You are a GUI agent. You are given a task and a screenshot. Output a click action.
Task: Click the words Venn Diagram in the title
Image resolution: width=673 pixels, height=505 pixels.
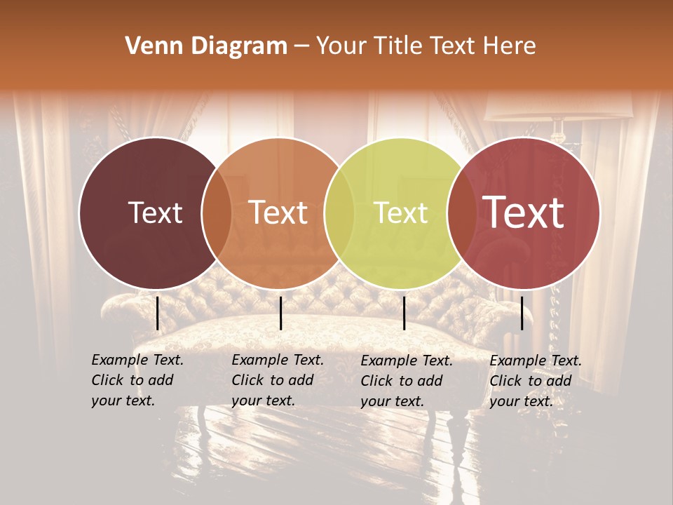tap(206, 46)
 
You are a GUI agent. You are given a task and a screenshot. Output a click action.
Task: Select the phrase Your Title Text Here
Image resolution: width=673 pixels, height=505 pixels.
tap(426, 46)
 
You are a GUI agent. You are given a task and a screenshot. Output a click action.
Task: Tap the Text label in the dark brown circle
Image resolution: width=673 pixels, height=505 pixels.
tap(155, 213)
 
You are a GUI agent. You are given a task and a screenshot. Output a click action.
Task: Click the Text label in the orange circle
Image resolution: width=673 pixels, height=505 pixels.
tap(278, 213)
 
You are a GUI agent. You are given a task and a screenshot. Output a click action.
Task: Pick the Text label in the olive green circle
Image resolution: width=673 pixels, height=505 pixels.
tap(401, 213)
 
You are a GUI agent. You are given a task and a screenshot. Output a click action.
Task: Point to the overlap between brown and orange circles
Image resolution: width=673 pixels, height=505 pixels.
tap(217, 213)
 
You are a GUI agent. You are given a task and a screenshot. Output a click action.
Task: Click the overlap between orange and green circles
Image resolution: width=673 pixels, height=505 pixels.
tap(339, 213)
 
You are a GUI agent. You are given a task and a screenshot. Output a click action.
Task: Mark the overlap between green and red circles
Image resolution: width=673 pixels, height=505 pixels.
tap(461, 213)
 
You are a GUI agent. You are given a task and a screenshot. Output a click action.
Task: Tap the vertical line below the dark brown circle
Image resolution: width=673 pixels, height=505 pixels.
tap(157, 313)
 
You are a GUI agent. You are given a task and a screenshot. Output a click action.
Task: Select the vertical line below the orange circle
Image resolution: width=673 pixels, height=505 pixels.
tap(280, 313)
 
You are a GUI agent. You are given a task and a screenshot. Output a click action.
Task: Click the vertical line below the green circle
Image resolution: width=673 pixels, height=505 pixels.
tap(405, 313)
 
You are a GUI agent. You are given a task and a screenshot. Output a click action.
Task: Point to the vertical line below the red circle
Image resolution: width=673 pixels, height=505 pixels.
tap(522, 313)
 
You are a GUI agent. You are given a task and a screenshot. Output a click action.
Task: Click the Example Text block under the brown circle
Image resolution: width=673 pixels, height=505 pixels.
tap(137, 380)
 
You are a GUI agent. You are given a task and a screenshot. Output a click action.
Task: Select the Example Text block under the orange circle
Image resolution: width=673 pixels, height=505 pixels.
tap(277, 380)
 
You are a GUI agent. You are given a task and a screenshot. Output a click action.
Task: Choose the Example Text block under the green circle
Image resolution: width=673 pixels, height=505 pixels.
tap(406, 381)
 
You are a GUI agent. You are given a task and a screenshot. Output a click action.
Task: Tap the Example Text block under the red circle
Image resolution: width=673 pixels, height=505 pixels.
tap(535, 381)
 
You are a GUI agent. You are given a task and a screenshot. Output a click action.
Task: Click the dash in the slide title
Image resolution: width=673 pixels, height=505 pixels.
tap(301, 47)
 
